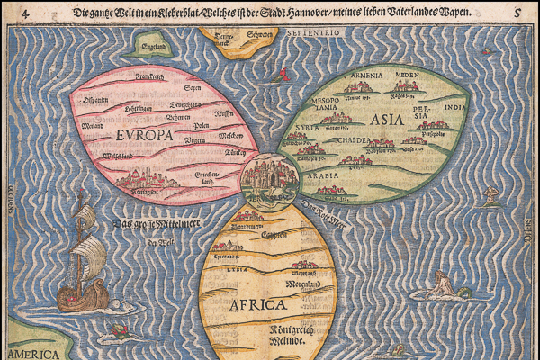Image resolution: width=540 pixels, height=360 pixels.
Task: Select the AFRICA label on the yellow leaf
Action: click(255, 303)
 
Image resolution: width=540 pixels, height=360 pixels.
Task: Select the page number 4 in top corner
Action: click(8, 12)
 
